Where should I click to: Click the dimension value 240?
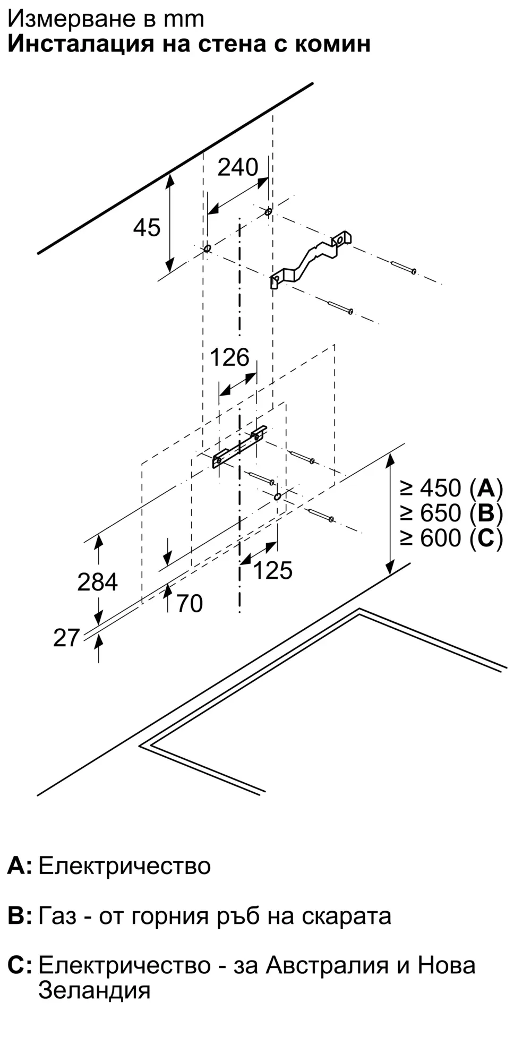click(x=238, y=167)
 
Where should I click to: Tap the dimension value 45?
click(x=147, y=228)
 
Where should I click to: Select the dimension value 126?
click(x=229, y=357)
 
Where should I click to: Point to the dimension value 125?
click(x=273, y=570)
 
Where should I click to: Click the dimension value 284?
click(x=97, y=582)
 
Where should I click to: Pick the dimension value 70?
click(x=190, y=604)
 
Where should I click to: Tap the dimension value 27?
click(x=66, y=638)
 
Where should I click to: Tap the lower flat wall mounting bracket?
click(x=239, y=447)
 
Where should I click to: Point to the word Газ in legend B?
click(x=57, y=916)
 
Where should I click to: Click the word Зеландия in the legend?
click(x=95, y=990)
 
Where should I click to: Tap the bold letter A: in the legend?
click(x=20, y=866)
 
